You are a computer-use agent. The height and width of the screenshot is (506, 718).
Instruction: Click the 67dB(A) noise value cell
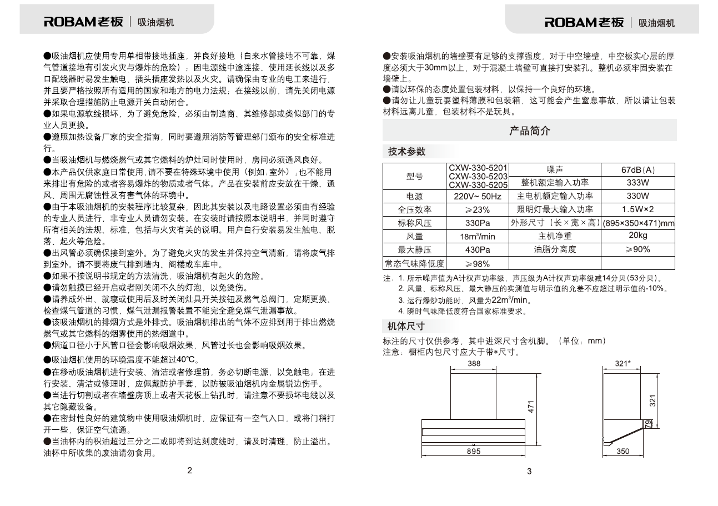(638, 170)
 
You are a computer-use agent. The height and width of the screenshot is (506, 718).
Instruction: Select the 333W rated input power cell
(638, 183)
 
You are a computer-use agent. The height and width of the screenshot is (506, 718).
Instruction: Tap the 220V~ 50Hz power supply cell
(478, 197)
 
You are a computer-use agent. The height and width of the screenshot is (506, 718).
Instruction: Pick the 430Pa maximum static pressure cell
(478, 250)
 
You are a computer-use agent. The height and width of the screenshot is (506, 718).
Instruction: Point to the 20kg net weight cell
(638, 236)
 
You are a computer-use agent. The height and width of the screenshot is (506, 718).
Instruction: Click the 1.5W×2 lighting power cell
(638, 209)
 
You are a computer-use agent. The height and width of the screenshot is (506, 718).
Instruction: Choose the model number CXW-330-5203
(478, 177)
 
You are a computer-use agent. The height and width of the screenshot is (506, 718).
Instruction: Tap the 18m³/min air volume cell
(478, 237)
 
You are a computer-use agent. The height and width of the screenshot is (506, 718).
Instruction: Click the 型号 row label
(414, 177)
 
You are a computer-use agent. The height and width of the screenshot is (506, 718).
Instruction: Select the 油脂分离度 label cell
(555, 250)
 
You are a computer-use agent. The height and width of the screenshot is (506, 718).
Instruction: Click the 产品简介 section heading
(530, 131)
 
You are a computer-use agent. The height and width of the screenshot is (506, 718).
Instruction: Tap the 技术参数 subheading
(406, 152)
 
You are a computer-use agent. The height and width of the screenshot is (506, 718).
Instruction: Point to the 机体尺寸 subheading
(406, 326)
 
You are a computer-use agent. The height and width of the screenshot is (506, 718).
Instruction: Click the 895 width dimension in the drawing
(474, 452)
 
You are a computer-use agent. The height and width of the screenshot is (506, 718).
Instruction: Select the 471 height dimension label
(531, 407)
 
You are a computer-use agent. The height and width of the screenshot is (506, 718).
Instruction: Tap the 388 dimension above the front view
(474, 364)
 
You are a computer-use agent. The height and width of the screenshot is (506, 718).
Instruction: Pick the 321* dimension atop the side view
(622, 364)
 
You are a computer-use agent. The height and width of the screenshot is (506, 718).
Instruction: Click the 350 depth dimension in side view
(622, 452)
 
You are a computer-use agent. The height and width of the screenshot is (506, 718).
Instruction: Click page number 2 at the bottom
(189, 471)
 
